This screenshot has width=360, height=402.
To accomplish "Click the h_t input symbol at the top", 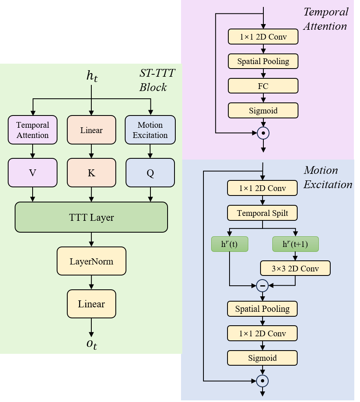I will pyautogui.click(x=92, y=76).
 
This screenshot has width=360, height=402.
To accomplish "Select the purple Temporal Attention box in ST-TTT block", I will pyautogui.click(x=33, y=130).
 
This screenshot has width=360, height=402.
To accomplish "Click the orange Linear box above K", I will pyautogui.click(x=91, y=130).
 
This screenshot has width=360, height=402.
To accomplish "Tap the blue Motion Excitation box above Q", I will pyautogui.click(x=150, y=130).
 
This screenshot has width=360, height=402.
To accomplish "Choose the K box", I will pyautogui.click(x=91, y=173).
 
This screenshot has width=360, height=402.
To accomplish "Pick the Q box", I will pyautogui.click(x=150, y=173).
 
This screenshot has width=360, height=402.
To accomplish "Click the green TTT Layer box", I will pyautogui.click(x=91, y=217).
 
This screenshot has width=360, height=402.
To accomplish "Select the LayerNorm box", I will pyautogui.click(x=91, y=260).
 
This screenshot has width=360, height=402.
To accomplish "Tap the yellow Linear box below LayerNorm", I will pyautogui.click(x=91, y=304).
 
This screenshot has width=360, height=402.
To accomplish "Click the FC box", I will pyautogui.click(x=263, y=86).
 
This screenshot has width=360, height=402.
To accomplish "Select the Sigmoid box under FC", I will pyautogui.click(x=263, y=110).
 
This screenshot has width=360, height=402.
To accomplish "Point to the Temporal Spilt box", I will pyautogui.click(x=262, y=213).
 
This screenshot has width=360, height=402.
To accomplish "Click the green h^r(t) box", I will pyautogui.click(x=230, y=244).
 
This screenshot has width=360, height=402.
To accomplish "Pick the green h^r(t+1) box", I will pyautogui.click(x=295, y=244).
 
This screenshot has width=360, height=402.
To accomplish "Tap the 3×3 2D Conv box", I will pyautogui.click(x=295, y=268).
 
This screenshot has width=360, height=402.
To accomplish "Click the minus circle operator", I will pyautogui.click(x=263, y=286).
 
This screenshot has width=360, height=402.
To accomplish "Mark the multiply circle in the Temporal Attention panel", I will pyautogui.click(x=263, y=133).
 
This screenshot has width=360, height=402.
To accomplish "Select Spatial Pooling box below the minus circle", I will pyautogui.click(x=262, y=309).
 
